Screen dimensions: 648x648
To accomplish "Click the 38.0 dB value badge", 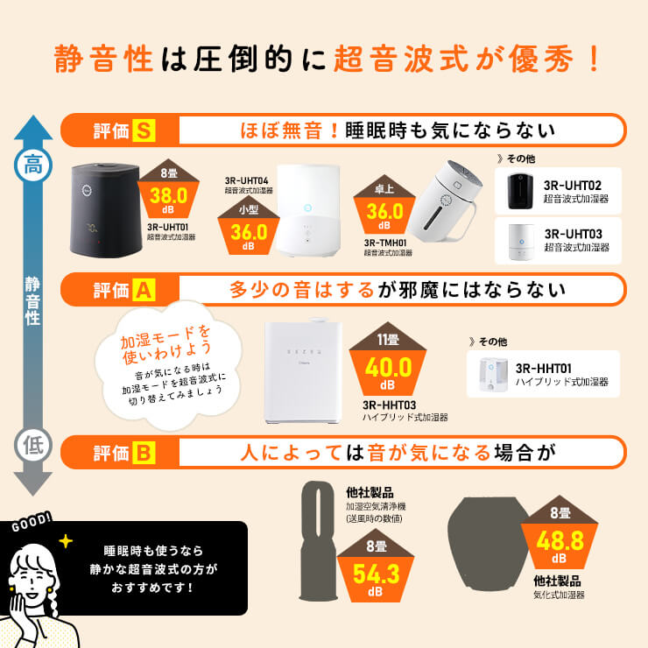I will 168,195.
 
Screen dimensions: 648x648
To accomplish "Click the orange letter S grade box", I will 144,131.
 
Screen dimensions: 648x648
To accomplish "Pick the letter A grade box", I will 144,290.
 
